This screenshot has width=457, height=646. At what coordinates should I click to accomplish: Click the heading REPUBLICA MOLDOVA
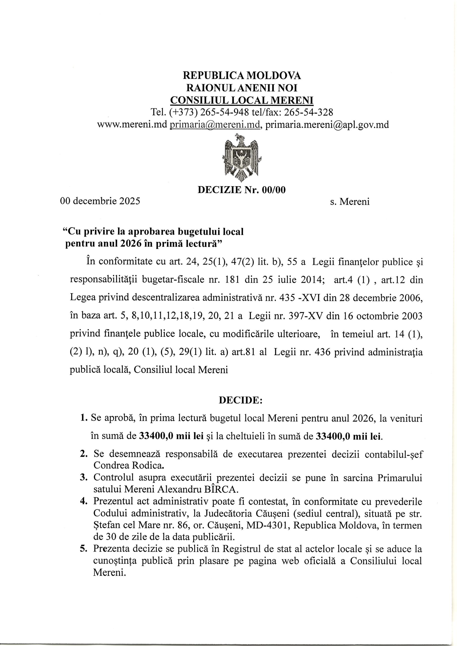(242, 75)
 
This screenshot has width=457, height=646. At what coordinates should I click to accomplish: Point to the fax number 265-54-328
(309, 112)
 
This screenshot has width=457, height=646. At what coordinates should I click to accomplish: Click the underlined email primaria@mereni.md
(215, 124)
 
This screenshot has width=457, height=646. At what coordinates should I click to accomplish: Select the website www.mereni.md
(132, 124)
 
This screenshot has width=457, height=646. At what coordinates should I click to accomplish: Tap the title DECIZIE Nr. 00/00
(242, 190)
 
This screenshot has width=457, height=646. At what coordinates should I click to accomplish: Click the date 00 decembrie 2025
(100, 201)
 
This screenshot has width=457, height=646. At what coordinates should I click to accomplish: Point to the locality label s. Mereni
(350, 202)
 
